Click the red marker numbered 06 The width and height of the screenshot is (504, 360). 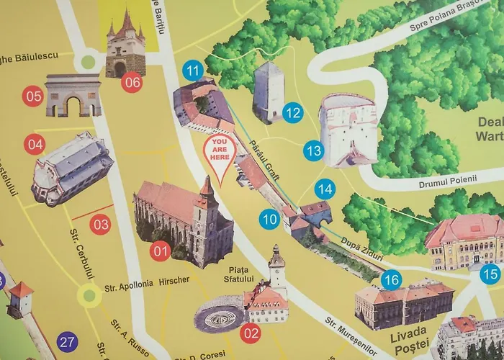(x=132, y=82)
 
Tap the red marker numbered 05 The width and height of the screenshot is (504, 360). (x=33, y=95)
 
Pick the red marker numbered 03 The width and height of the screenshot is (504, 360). (x=101, y=224)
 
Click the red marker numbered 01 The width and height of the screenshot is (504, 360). (x=160, y=251)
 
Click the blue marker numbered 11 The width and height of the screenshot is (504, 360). (x=192, y=71)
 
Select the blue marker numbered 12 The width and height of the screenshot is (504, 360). (x=292, y=112)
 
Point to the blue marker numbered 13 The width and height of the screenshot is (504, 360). (x=313, y=151)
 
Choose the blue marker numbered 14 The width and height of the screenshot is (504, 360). (x=326, y=189)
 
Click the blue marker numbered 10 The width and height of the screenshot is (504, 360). (x=270, y=218)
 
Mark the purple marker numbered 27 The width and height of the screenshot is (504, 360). (x=68, y=341)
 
